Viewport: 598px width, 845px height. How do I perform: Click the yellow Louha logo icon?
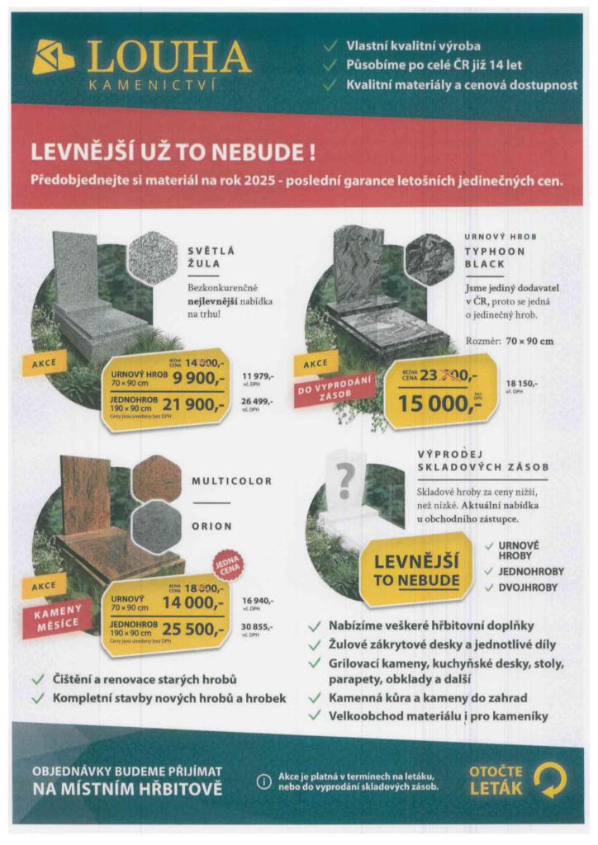54,58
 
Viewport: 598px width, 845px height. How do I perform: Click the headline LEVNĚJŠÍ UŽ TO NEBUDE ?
173,153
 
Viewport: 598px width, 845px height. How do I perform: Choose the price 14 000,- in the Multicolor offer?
194,602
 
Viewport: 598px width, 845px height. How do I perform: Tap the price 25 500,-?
194,630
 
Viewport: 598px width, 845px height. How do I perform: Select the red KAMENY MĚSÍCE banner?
64,618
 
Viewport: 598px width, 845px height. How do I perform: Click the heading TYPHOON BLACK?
489,256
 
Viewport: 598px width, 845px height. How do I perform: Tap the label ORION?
212,526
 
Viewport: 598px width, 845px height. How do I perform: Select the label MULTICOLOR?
232,481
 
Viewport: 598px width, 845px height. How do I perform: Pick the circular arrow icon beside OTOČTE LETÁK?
550,780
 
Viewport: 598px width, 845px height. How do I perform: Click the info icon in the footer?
263,781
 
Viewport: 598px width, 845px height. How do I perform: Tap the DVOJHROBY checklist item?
528,588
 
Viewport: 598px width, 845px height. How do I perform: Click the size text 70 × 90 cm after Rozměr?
529,341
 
